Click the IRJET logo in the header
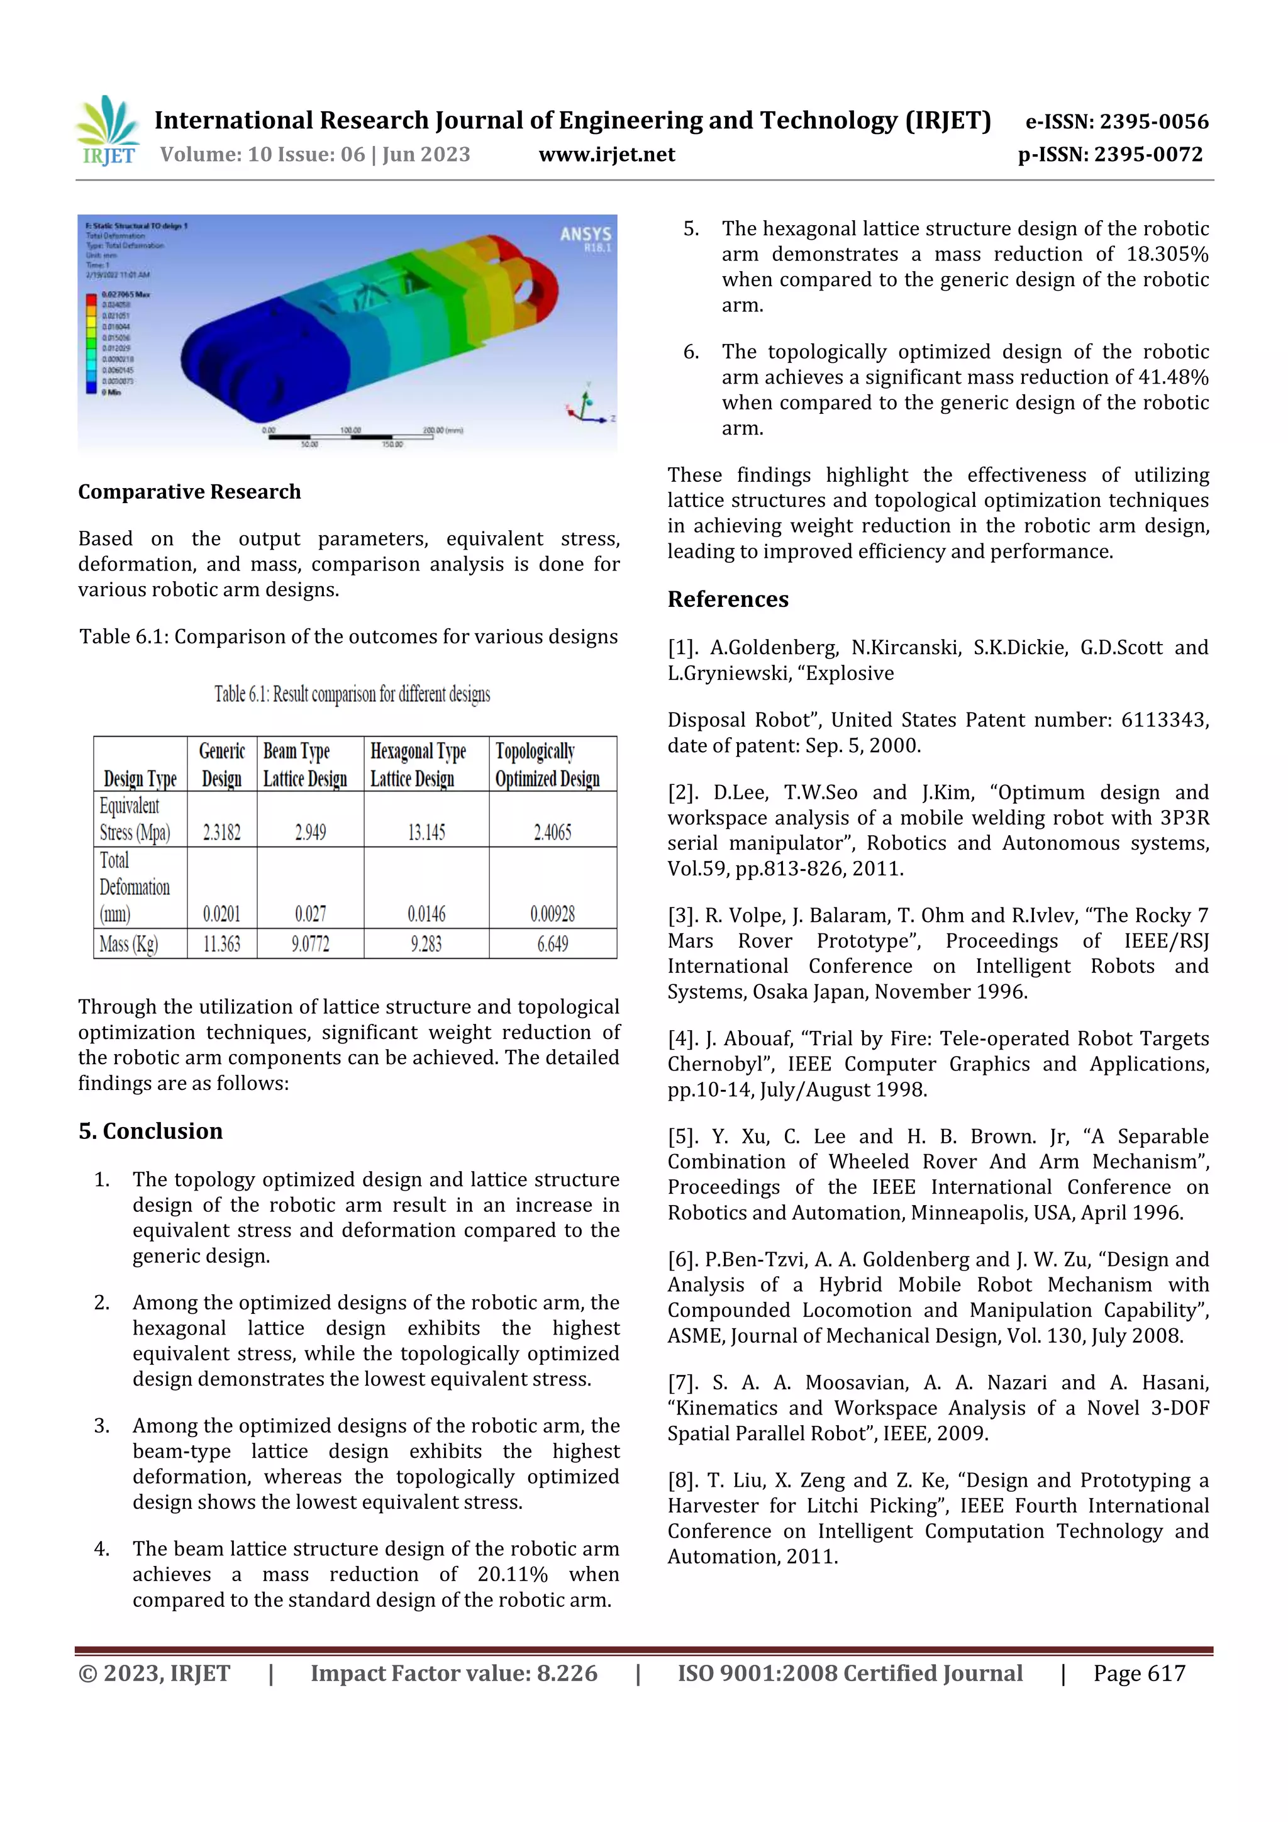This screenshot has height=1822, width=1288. [109, 131]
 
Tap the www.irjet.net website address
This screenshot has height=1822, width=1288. [606, 154]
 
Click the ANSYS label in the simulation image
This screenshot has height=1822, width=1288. [585, 234]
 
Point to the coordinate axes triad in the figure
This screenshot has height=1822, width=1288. [588, 404]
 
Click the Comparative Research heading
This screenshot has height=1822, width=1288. [189, 492]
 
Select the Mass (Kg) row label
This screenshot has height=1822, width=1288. [128, 943]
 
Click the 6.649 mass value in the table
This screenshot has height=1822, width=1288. [552, 943]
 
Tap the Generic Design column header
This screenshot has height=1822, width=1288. [221, 764]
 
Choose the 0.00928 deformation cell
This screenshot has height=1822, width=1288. [552, 913]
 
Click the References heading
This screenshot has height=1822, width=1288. [727, 599]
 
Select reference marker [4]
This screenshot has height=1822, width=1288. [684, 1039]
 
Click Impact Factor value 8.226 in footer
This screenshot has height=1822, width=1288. [453, 1673]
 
